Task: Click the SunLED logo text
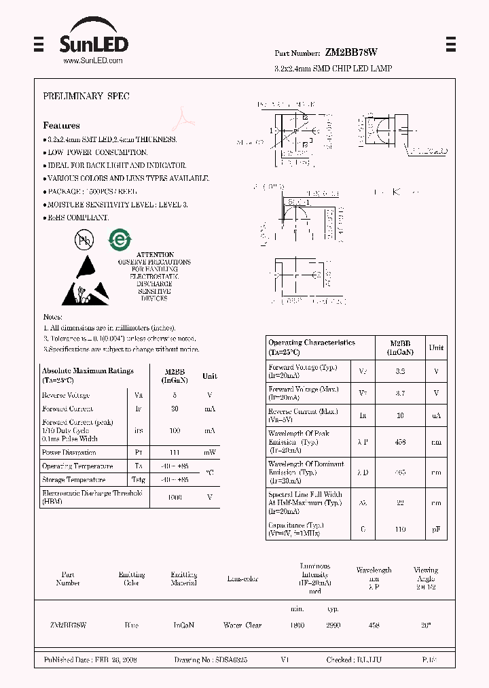(93, 44)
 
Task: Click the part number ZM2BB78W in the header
(351, 52)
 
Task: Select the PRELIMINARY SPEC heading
(86, 97)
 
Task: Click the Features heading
(61, 125)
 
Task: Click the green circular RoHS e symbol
(120, 239)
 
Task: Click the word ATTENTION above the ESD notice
(155, 254)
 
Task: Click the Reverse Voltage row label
(66, 395)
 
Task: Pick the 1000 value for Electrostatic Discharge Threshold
(175, 498)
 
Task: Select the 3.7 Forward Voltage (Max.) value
(401, 393)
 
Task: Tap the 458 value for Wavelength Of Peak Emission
(401, 442)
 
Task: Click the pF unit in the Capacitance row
(436, 529)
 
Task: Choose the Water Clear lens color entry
(242, 625)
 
